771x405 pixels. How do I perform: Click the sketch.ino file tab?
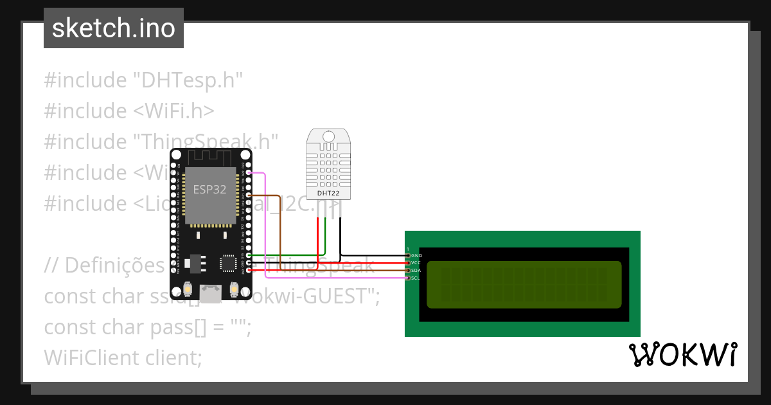point(114,28)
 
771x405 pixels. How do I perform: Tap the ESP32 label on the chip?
point(210,189)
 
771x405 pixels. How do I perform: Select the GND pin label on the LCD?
point(416,256)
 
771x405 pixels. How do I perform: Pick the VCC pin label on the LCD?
point(416,263)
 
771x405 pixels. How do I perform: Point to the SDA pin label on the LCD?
point(416,271)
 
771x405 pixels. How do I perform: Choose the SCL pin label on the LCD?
point(416,278)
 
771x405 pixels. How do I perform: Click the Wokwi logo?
point(682,355)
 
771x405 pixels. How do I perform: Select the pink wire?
point(266,225)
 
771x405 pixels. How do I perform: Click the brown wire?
point(279,231)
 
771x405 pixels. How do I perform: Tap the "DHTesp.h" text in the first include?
point(187,80)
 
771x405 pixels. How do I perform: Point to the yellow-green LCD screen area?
point(524,284)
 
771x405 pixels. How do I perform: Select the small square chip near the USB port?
point(228,263)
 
